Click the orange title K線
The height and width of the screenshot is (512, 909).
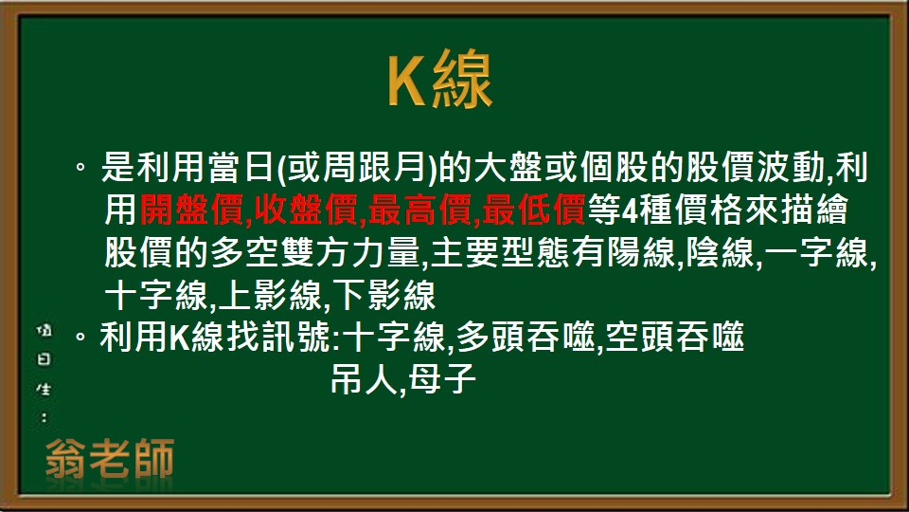pyautogui.click(x=440, y=82)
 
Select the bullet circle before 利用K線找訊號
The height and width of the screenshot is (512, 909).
pyautogui.click(x=81, y=338)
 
